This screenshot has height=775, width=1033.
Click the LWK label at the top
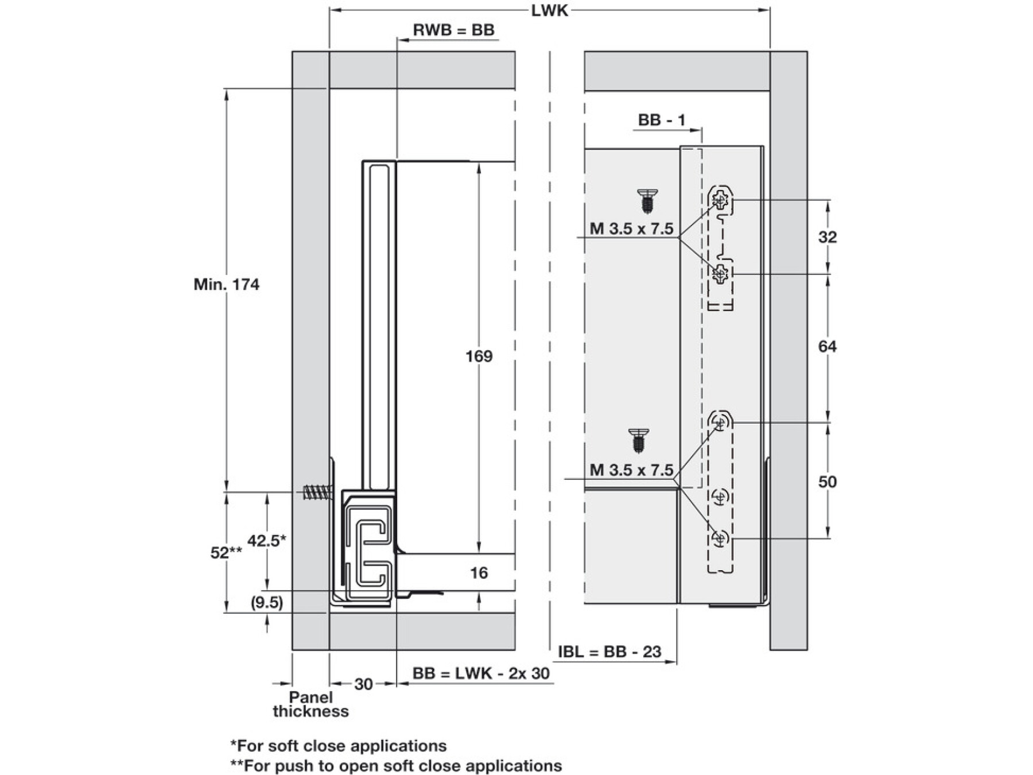pyautogui.click(x=549, y=11)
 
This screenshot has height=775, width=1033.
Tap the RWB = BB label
pyautogui.click(x=453, y=30)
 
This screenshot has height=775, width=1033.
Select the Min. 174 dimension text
pyautogui.click(x=226, y=284)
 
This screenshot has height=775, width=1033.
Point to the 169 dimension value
pyautogui.click(x=479, y=356)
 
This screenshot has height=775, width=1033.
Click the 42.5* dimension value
pyautogui.click(x=266, y=540)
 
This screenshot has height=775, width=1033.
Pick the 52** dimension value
pyautogui.click(x=226, y=552)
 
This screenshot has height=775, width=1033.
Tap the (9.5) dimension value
pyautogui.click(x=267, y=603)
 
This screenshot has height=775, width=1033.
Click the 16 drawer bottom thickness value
pyautogui.click(x=479, y=572)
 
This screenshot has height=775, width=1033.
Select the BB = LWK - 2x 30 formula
pyautogui.click(x=481, y=673)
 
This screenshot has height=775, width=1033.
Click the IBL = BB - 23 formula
pyautogui.click(x=609, y=652)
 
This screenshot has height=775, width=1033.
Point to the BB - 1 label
pyautogui.click(x=662, y=120)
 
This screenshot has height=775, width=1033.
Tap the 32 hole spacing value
pyautogui.click(x=827, y=237)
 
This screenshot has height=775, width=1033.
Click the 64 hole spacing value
pyautogui.click(x=827, y=346)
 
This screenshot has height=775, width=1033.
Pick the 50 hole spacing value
pyautogui.click(x=827, y=482)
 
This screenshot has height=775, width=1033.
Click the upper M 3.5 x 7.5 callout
pyautogui.click(x=631, y=229)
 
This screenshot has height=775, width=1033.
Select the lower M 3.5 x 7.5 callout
pyautogui.click(x=631, y=470)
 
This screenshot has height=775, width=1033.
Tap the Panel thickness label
pyautogui.click(x=310, y=704)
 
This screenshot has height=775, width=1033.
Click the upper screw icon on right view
pyautogui.click(x=647, y=200)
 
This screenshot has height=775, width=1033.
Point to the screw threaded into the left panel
pyautogui.click(x=317, y=492)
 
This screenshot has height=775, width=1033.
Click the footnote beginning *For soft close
pyautogui.click(x=338, y=746)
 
